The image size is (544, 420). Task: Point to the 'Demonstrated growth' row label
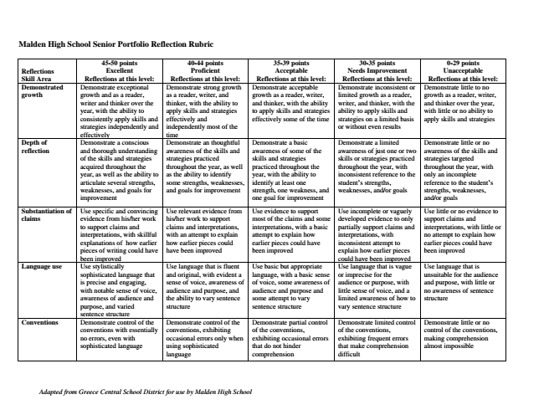(43, 91)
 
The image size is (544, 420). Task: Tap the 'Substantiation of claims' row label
(46, 216)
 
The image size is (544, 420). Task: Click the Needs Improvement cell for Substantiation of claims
(378, 233)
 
